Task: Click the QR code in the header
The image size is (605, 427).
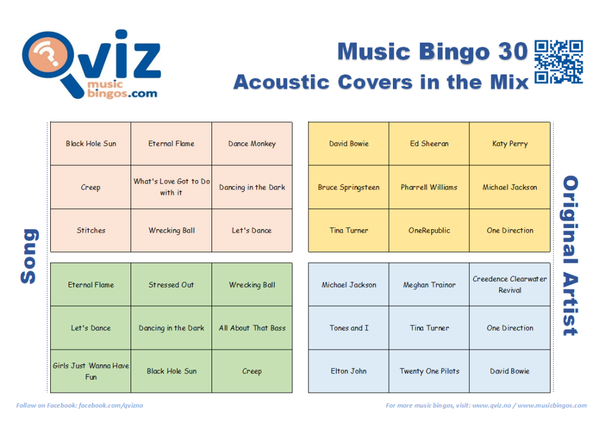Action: [x=558, y=61]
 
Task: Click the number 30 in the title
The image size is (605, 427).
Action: [x=513, y=51]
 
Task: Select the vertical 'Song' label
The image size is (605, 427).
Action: [x=30, y=256]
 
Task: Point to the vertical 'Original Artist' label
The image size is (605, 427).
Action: [x=570, y=256]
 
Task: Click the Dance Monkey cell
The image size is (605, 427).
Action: [x=252, y=144]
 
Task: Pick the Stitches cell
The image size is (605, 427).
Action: [x=90, y=230]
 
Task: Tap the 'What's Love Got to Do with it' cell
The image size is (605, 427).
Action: [x=171, y=187]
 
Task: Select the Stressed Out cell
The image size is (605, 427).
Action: [x=171, y=285]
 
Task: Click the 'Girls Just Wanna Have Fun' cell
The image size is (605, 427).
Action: [x=90, y=371]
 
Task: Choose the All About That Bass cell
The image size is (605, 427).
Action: [x=252, y=328]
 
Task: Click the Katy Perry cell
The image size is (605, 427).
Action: [x=510, y=144]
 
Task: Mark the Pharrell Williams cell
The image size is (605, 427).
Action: [x=429, y=187]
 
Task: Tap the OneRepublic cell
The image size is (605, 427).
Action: [x=429, y=230]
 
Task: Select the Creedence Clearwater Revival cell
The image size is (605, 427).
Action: [x=510, y=285]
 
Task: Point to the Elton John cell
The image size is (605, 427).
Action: [x=349, y=371]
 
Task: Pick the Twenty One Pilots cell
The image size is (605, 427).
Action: [x=429, y=371]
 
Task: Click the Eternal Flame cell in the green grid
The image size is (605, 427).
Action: [x=90, y=285]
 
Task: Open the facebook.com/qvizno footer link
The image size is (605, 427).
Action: [x=110, y=405]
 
